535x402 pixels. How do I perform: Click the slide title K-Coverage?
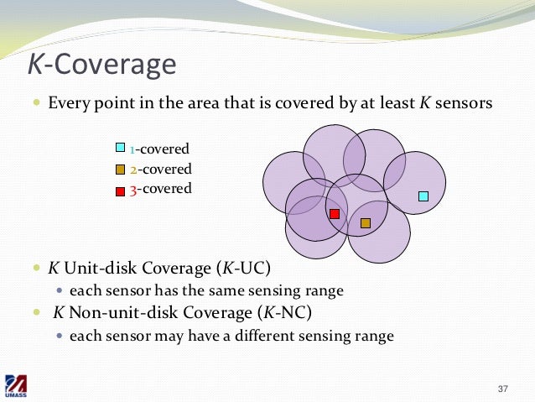[102, 64]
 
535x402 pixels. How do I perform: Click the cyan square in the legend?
[120, 149]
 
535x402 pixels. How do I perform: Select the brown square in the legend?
[120, 170]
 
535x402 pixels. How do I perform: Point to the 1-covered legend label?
[160, 149]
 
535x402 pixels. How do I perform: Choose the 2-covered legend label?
[160, 169]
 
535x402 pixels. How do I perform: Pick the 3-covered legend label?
[160, 189]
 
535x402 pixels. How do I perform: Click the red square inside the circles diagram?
[335, 214]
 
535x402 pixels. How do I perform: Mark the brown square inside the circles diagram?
[365, 223]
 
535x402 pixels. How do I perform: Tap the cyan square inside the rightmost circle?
[423, 196]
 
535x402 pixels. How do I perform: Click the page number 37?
[503, 389]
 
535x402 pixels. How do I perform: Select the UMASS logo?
[18, 386]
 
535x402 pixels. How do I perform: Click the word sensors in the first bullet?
[464, 105]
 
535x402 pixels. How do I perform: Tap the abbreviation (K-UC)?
[244, 270]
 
